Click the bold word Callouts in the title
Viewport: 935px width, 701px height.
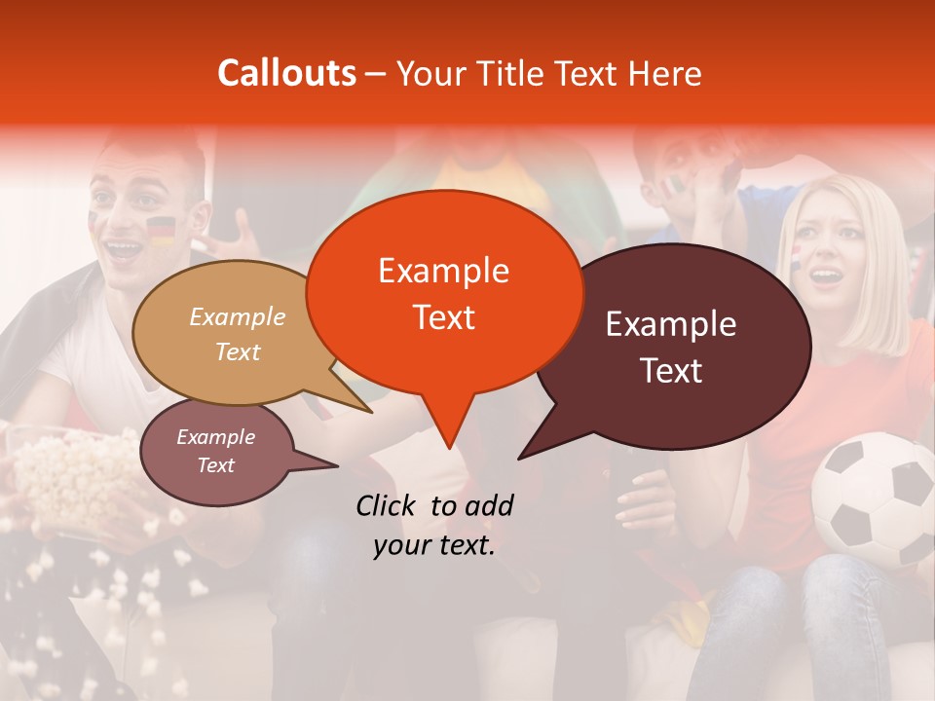click(x=286, y=73)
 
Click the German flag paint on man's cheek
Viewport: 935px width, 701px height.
click(x=161, y=231)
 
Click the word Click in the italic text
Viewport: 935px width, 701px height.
click(x=387, y=505)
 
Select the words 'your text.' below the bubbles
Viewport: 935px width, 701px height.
click(x=434, y=546)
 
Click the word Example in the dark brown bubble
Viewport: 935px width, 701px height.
click(x=671, y=324)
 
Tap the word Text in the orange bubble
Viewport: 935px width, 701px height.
click(x=443, y=317)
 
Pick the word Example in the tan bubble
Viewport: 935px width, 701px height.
click(x=238, y=316)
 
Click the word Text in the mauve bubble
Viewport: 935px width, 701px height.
click(x=216, y=465)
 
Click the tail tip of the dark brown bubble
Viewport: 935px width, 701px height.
click(x=520, y=458)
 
